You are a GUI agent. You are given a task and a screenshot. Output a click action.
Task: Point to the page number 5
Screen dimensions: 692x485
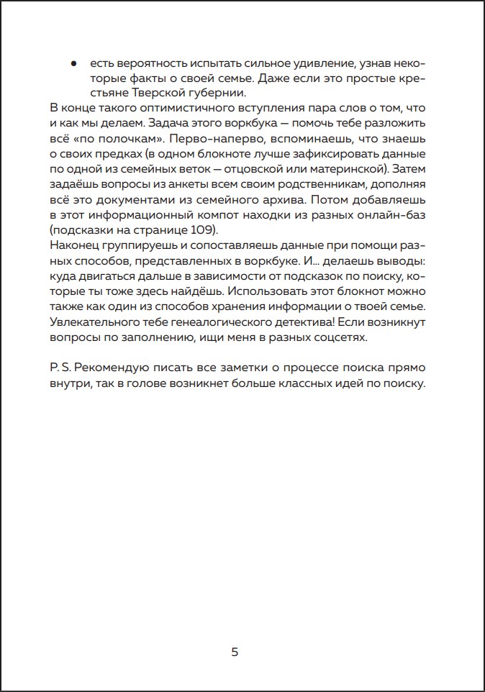coord(235,652)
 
